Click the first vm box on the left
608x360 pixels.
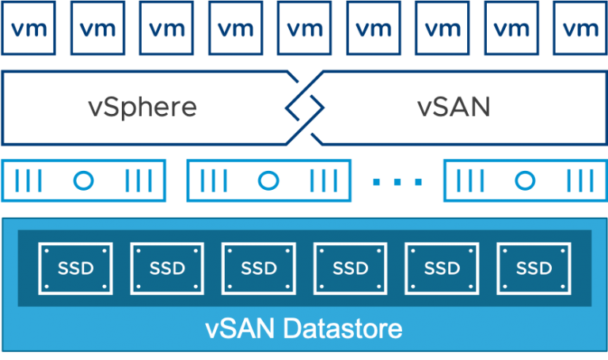click(x=28, y=28)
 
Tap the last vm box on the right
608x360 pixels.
click(x=581, y=28)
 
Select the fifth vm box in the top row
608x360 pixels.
click(x=305, y=28)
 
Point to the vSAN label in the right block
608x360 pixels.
click(x=453, y=107)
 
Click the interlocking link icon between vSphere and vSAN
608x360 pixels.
click(x=305, y=107)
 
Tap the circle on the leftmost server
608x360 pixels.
click(x=84, y=181)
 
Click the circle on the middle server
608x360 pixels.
click(x=269, y=181)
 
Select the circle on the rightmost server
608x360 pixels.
click(x=524, y=181)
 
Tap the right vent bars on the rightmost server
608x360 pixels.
click(x=579, y=181)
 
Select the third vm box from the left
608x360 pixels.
click(x=167, y=28)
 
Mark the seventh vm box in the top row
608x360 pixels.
click(x=443, y=28)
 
